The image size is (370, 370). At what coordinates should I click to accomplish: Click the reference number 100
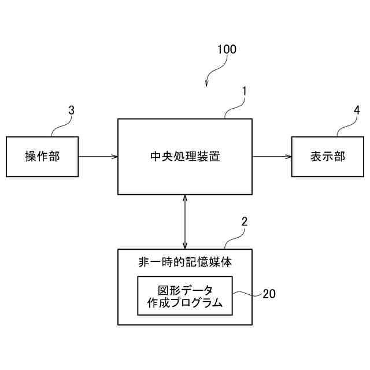coord(226,49)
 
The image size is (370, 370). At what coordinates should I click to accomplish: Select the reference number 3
coord(71,109)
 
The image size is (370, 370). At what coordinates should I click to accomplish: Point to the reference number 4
coord(357,109)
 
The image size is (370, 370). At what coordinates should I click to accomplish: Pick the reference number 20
coord(269,294)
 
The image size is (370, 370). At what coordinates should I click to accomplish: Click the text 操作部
coord(42,157)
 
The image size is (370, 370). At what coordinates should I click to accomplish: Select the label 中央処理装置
coord(184,156)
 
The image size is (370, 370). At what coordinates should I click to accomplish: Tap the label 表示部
coord(327,157)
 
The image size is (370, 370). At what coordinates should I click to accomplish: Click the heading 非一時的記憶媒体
coord(185,262)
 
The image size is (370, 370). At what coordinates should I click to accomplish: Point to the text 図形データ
coord(185,289)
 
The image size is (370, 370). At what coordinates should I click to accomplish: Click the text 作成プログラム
coord(185,303)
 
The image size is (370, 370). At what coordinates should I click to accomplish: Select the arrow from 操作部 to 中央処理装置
coord(98,156)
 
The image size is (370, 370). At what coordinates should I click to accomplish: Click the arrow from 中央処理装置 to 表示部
coord(272,156)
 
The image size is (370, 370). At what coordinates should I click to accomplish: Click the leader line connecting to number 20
coord(247,294)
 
